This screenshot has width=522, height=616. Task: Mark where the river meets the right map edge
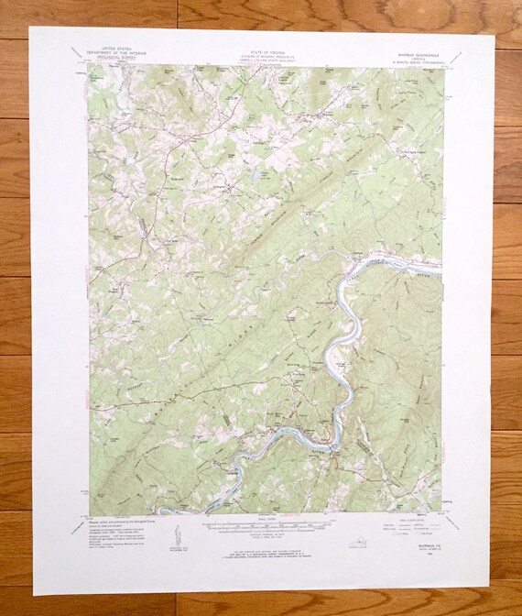tap(441, 269)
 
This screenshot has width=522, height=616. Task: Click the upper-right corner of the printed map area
tap(441, 66)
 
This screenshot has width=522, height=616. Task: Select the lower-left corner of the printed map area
tap(89, 513)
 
